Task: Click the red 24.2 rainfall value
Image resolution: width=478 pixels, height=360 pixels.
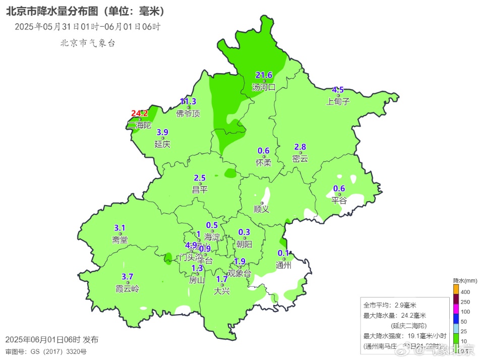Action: (140, 113)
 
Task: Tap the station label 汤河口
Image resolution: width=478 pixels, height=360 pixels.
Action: (264, 87)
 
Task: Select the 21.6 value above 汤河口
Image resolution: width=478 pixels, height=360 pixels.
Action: (264, 75)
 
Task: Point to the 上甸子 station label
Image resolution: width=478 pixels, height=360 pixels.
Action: (338, 101)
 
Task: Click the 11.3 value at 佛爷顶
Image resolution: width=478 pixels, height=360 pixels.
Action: (188, 102)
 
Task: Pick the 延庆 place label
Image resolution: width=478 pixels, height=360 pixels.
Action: (162, 144)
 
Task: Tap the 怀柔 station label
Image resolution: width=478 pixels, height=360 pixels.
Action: (263, 162)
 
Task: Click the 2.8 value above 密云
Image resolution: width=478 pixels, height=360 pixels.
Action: (300, 147)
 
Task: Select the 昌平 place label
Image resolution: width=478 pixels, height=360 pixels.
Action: (200, 190)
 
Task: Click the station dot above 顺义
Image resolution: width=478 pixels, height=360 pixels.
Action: (262, 203)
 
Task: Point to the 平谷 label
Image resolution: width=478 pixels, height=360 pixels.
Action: (339, 200)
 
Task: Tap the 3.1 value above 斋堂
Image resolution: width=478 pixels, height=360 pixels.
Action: (120, 228)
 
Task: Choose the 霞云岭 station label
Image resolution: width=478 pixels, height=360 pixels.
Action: (127, 289)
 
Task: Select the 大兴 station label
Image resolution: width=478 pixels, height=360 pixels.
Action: (222, 291)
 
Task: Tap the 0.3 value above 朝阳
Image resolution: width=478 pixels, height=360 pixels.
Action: (244, 232)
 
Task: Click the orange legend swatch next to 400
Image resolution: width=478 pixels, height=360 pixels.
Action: (456, 289)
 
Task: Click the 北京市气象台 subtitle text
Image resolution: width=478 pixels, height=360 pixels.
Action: (88, 43)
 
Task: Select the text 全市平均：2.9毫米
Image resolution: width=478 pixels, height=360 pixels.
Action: (390, 305)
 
